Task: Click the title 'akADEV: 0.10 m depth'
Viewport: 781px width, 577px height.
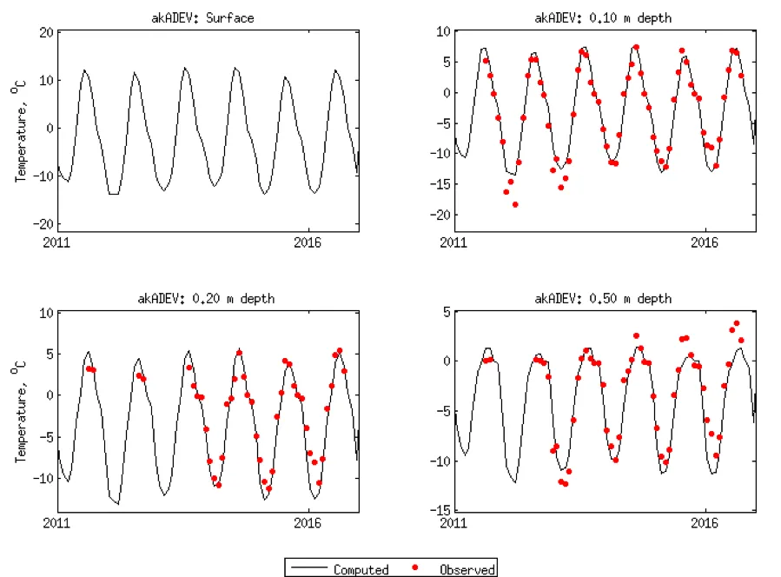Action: [604, 17]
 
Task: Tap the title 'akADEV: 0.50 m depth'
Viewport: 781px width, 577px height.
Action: [604, 298]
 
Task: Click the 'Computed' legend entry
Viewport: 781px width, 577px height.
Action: [361, 570]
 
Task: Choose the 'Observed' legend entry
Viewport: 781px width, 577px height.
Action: [467, 570]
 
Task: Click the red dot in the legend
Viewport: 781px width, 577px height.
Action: [415, 568]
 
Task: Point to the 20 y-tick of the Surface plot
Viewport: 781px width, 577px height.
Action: [44, 32]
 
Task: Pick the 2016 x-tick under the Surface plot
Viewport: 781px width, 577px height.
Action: [308, 242]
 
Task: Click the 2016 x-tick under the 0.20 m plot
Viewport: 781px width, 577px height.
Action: [308, 523]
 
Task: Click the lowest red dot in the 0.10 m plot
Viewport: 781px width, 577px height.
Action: [515, 204]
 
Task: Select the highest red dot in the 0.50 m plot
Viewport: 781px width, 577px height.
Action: [737, 323]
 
